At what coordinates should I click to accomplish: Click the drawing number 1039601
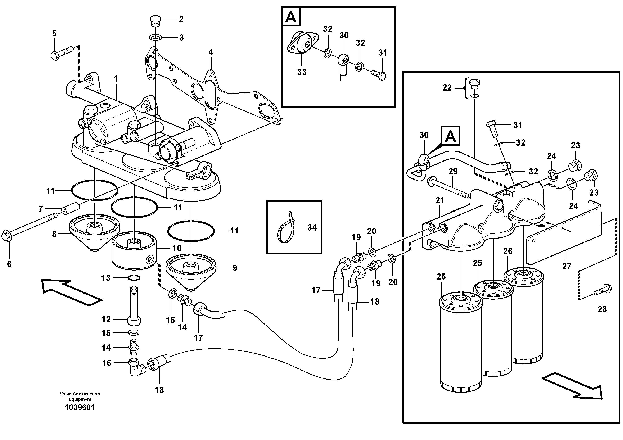pos(80,407)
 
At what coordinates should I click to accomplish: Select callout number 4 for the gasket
pos(211,52)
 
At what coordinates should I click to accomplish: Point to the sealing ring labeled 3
pos(155,37)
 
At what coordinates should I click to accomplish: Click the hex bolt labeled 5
pos(62,53)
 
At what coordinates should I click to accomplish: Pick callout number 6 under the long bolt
pos(9,264)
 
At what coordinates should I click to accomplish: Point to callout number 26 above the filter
pos(508,251)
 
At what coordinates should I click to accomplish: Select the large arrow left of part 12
pos(72,293)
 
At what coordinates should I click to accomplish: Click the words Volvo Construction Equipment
pos(80,396)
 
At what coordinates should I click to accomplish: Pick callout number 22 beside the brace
pos(447,88)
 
